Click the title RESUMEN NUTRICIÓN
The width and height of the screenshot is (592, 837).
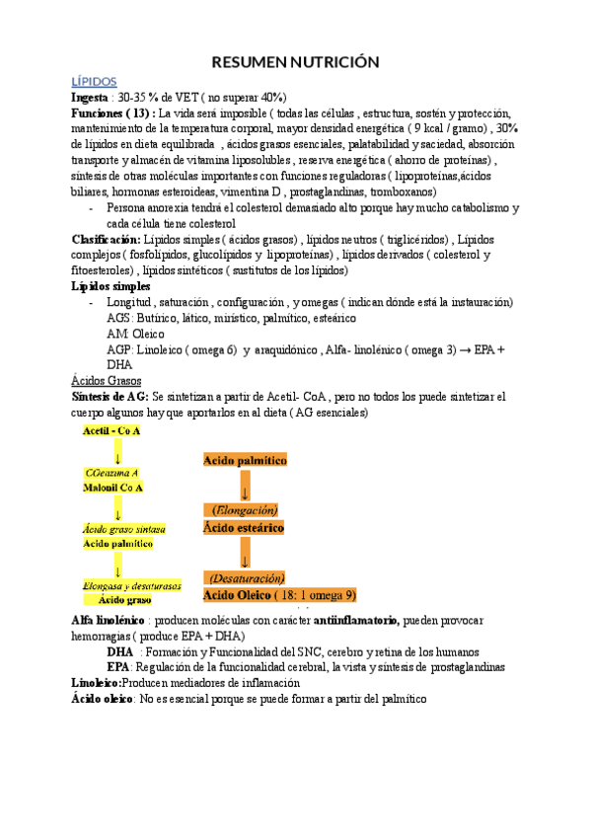tap(296, 62)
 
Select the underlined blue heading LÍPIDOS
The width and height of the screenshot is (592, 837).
tap(95, 82)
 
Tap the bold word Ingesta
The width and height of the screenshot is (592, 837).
tap(91, 99)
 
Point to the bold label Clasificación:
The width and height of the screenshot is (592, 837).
tap(107, 239)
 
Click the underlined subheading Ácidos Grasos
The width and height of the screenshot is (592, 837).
tap(107, 379)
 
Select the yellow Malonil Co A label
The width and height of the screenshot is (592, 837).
tap(113, 488)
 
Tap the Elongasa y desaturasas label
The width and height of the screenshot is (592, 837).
tap(130, 585)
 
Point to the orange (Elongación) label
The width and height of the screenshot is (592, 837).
tap(245, 510)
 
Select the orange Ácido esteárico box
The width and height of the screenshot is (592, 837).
tap(245, 529)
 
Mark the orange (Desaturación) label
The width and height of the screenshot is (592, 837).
tap(245, 577)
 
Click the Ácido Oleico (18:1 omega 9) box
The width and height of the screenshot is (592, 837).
tap(279, 595)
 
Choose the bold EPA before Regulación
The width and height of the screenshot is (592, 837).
tap(119, 666)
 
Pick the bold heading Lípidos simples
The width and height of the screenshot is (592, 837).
tap(111, 286)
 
